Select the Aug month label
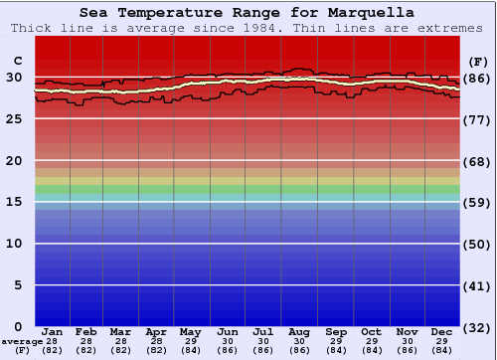[x=299, y=331]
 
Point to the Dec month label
[x=442, y=331]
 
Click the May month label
[x=191, y=331]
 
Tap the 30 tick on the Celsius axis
[x=14, y=77]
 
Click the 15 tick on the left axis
[x=14, y=201]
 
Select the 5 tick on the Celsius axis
[x=18, y=284]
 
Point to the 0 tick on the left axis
[x=18, y=326]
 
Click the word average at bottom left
[x=21, y=341]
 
